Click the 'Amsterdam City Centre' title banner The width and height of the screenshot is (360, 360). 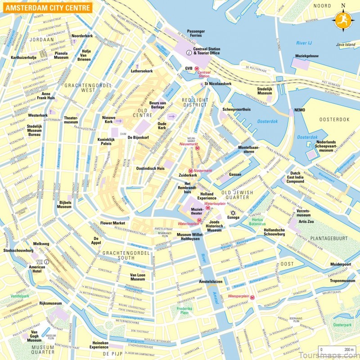pyautogui.click(x=47, y=8)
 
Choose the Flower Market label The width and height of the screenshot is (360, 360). pyautogui.click(x=112, y=223)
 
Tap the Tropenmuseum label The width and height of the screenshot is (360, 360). pyautogui.click(x=342, y=281)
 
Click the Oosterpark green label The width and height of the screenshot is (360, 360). pyautogui.click(x=342, y=324)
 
